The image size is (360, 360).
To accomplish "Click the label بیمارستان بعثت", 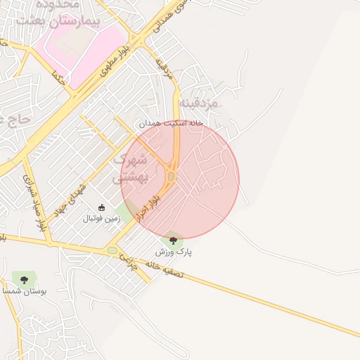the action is click(70, 20).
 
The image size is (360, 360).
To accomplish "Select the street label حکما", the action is click(58, 77).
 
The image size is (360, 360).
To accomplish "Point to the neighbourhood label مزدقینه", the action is click(199, 103).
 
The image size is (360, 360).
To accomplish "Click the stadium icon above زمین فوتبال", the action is click(102, 207).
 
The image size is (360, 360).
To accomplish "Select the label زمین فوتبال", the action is click(102, 219).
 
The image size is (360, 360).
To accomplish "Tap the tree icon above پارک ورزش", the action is click(174, 240).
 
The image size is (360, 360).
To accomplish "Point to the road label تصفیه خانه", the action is click(165, 268).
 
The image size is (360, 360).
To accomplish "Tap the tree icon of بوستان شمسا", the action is click(25, 279).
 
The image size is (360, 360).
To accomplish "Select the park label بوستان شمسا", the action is click(25, 290).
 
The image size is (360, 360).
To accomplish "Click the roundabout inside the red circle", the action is click(171, 176).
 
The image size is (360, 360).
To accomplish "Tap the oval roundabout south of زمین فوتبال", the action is click(112, 250).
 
